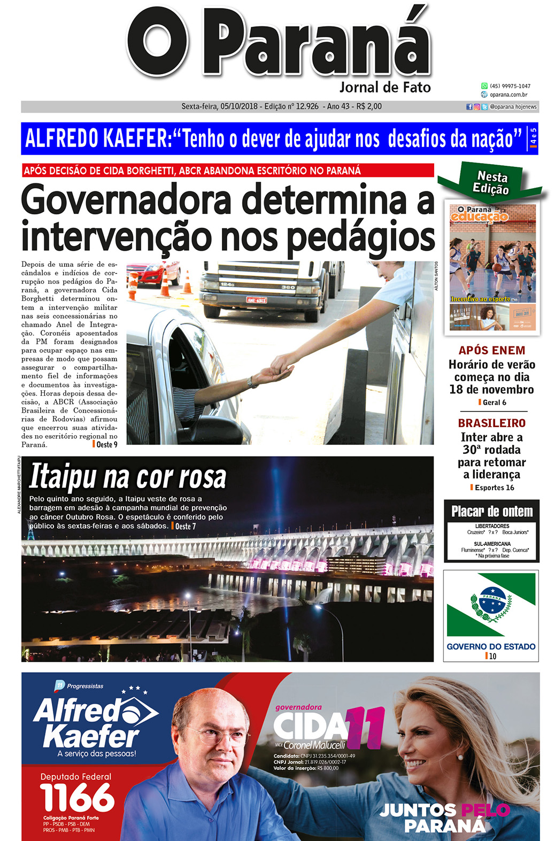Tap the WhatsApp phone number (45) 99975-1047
pos(510,86)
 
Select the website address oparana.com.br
pos(508,95)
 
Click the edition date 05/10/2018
pos(239,106)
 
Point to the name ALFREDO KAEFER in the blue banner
pos(97,138)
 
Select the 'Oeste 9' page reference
pos(106,444)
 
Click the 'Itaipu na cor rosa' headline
pos(128,477)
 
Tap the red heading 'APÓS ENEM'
pos(491,351)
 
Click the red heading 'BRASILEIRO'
pos(491,423)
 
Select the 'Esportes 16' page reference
pos(494,488)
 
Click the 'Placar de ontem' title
pos(491,512)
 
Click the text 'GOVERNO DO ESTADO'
pos(491,646)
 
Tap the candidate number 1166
pos(77,798)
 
